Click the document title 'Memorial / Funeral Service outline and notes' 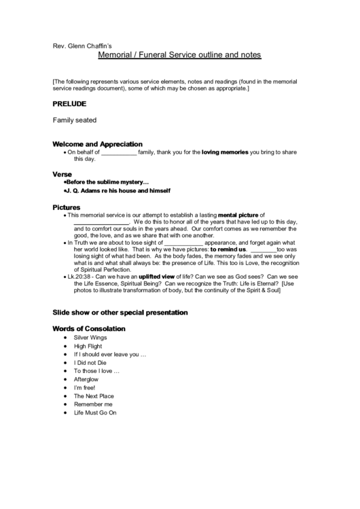pos(179,54)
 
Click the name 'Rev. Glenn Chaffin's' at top pos(82,45)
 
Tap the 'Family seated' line pos(75,120)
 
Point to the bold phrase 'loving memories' pos(225,152)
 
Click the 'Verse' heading pos(62,174)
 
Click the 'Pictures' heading pos(67,207)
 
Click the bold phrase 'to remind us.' pos(228,249)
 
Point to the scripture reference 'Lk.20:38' pos(77,277)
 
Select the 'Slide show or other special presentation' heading pos(120,313)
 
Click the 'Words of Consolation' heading pos(89,329)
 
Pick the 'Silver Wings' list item pos(90,338)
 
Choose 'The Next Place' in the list pos(94,396)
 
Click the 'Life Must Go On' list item pos(95,413)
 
